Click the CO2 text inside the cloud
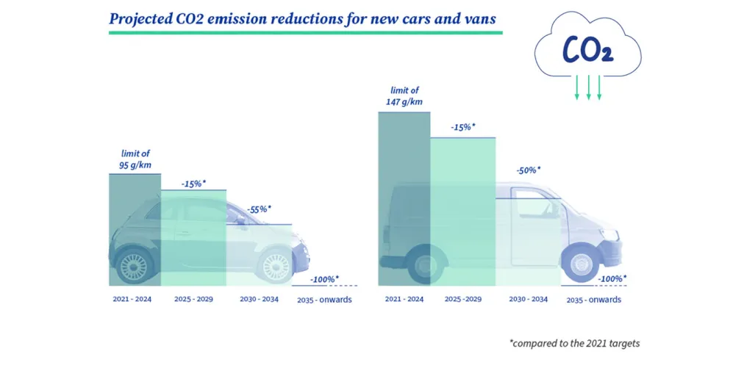click(x=588, y=49)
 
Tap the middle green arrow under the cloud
click(x=588, y=86)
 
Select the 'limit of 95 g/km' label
click(x=135, y=159)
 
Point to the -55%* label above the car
click(x=259, y=209)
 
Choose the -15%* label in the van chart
click(x=462, y=127)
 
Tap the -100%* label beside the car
click(x=324, y=279)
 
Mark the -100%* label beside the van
click(x=612, y=279)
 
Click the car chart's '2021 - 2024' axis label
click(x=132, y=299)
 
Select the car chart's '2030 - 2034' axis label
click(x=259, y=299)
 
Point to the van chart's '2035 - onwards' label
click(x=594, y=300)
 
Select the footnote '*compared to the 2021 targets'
click(x=579, y=343)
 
